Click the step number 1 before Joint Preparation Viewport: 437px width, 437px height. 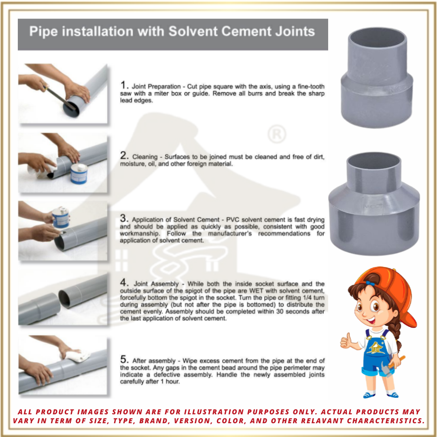click(x=124, y=85)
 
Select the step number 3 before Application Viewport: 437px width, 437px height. click(x=124, y=218)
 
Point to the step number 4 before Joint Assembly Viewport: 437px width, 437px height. click(x=125, y=283)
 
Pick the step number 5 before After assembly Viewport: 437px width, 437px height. click(x=125, y=360)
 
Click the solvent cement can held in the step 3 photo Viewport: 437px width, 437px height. click(x=61, y=217)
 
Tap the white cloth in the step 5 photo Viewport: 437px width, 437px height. click(x=78, y=356)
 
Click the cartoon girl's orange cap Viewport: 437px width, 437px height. click(x=388, y=287)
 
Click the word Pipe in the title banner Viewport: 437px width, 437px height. click(x=42, y=32)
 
